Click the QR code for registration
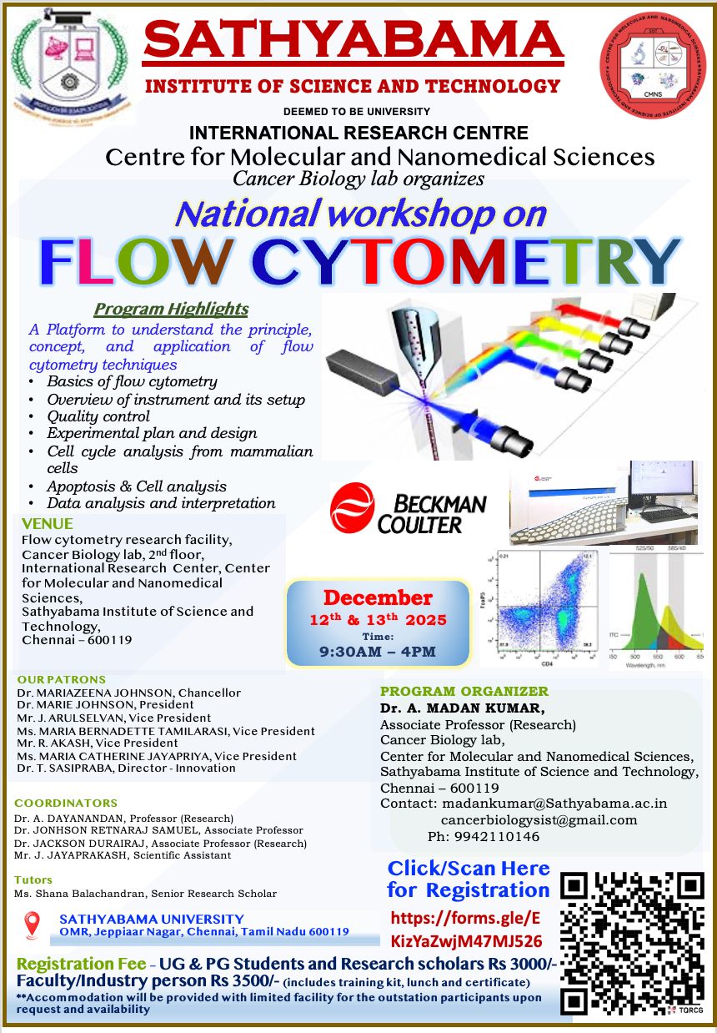click(633, 943)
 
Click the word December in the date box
click(378, 597)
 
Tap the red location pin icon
click(33, 925)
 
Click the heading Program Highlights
click(171, 309)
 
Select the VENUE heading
click(48, 524)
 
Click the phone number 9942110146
click(495, 836)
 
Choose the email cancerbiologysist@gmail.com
click(539, 819)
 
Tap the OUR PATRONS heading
click(61, 679)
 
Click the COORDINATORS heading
click(66, 803)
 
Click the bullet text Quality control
click(98, 416)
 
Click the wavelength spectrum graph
click(655, 607)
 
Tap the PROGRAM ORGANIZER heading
click(464, 691)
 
